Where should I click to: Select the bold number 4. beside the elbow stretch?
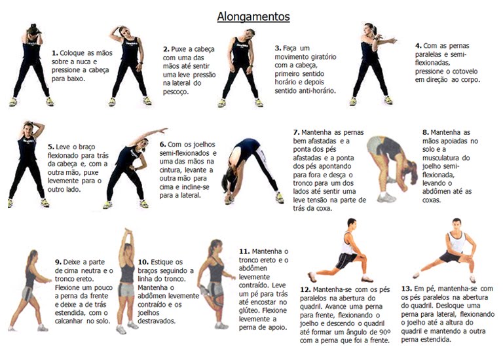point(418,46)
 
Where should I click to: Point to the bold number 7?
point(296,132)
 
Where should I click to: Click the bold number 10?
point(143,261)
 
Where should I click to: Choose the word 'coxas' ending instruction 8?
point(434,200)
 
